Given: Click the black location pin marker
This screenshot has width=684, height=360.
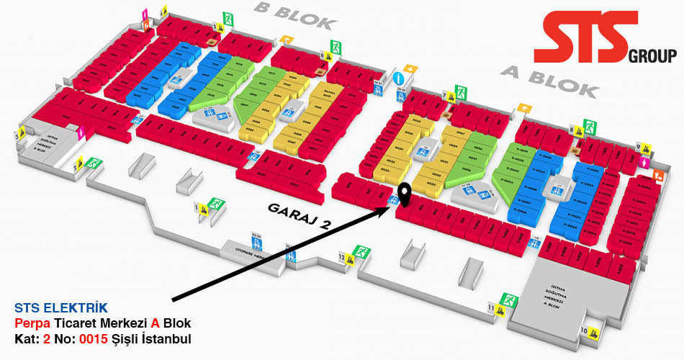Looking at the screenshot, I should [x=405, y=193].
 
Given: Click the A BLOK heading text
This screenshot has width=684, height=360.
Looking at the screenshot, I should [x=549, y=81].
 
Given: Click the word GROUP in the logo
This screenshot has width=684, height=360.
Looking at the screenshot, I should [x=652, y=56].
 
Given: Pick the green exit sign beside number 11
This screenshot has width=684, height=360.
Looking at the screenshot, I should [x=510, y=300].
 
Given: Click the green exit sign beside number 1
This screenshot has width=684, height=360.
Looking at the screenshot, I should [x=214, y=204].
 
